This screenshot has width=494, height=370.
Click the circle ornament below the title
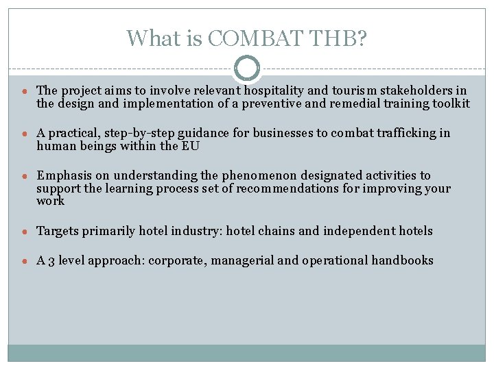tap(247, 69)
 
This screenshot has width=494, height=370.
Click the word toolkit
tap(446, 103)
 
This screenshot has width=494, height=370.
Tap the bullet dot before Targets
tap(23, 231)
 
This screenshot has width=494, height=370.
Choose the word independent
tap(360, 231)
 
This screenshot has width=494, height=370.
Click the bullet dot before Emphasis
tap(23, 176)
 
